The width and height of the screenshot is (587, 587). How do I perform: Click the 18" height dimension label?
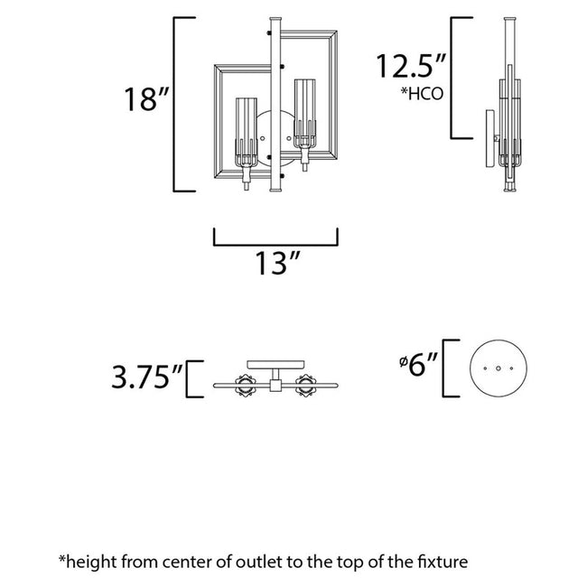[x=145, y=99]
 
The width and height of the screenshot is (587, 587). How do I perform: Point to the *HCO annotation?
[x=422, y=94]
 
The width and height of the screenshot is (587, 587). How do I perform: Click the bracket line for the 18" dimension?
[x=174, y=104]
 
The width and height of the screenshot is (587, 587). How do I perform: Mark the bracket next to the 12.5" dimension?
[x=453, y=77]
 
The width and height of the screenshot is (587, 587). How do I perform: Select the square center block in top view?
[x=274, y=386]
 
